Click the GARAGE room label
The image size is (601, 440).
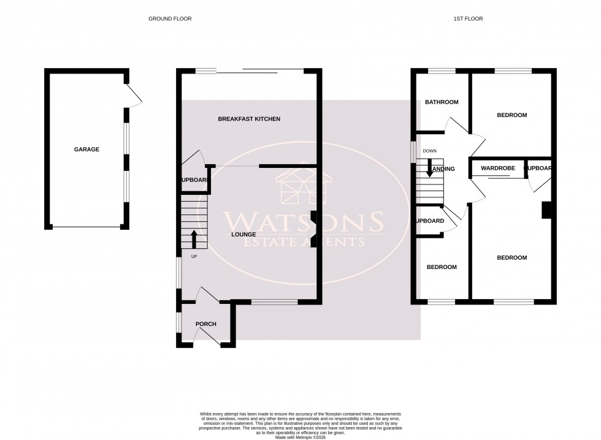[x=86, y=149]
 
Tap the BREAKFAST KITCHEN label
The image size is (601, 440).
[x=249, y=118]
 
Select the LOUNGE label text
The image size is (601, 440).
[x=243, y=234]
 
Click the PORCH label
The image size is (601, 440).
[x=205, y=324]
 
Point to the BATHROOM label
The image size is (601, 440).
[x=442, y=102]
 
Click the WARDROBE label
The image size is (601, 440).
[x=497, y=167]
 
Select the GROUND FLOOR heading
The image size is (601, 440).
[x=170, y=19]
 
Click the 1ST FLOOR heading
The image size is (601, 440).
[x=468, y=19]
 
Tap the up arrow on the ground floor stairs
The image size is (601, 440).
[x=194, y=237]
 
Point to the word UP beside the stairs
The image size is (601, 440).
[x=194, y=256]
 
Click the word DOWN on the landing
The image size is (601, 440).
[x=429, y=151]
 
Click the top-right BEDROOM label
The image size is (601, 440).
[x=511, y=115]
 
